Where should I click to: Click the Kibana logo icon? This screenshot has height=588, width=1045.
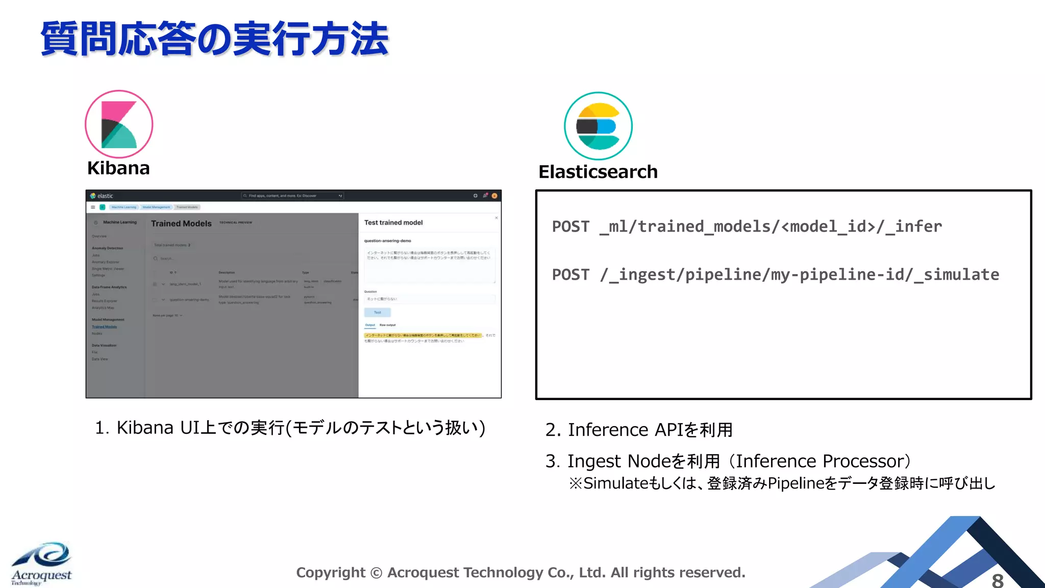(x=119, y=124)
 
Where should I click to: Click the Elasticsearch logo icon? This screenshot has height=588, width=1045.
(x=598, y=126)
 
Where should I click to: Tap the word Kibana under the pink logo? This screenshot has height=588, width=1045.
(x=118, y=168)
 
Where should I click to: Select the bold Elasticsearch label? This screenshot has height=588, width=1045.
(x=598, y=172)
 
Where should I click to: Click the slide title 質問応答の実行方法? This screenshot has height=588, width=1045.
(x=214, y=39)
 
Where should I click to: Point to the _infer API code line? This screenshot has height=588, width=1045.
(x=747, y=226)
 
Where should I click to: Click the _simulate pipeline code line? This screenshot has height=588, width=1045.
(x=775, y=275)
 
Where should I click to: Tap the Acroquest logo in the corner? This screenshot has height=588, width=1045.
(x=42, y=563)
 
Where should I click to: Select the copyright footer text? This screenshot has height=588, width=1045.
(x=520, y=573)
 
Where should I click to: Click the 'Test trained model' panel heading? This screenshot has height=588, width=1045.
(x=393, y=223)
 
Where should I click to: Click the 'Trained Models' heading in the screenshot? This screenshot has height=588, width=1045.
(x=181, y=224)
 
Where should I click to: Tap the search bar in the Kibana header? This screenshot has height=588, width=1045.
(x=292, y=195)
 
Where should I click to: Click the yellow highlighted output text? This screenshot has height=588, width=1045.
(x=422, y=335)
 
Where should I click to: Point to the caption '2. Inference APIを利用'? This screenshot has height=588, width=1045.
(x=639, y=430)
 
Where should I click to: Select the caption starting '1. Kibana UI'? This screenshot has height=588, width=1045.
(x=290, y=428)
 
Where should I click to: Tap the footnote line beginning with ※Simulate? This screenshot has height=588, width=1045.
(x=782, y=483)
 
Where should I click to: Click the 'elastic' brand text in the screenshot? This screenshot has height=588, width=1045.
(x=105, y=196)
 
